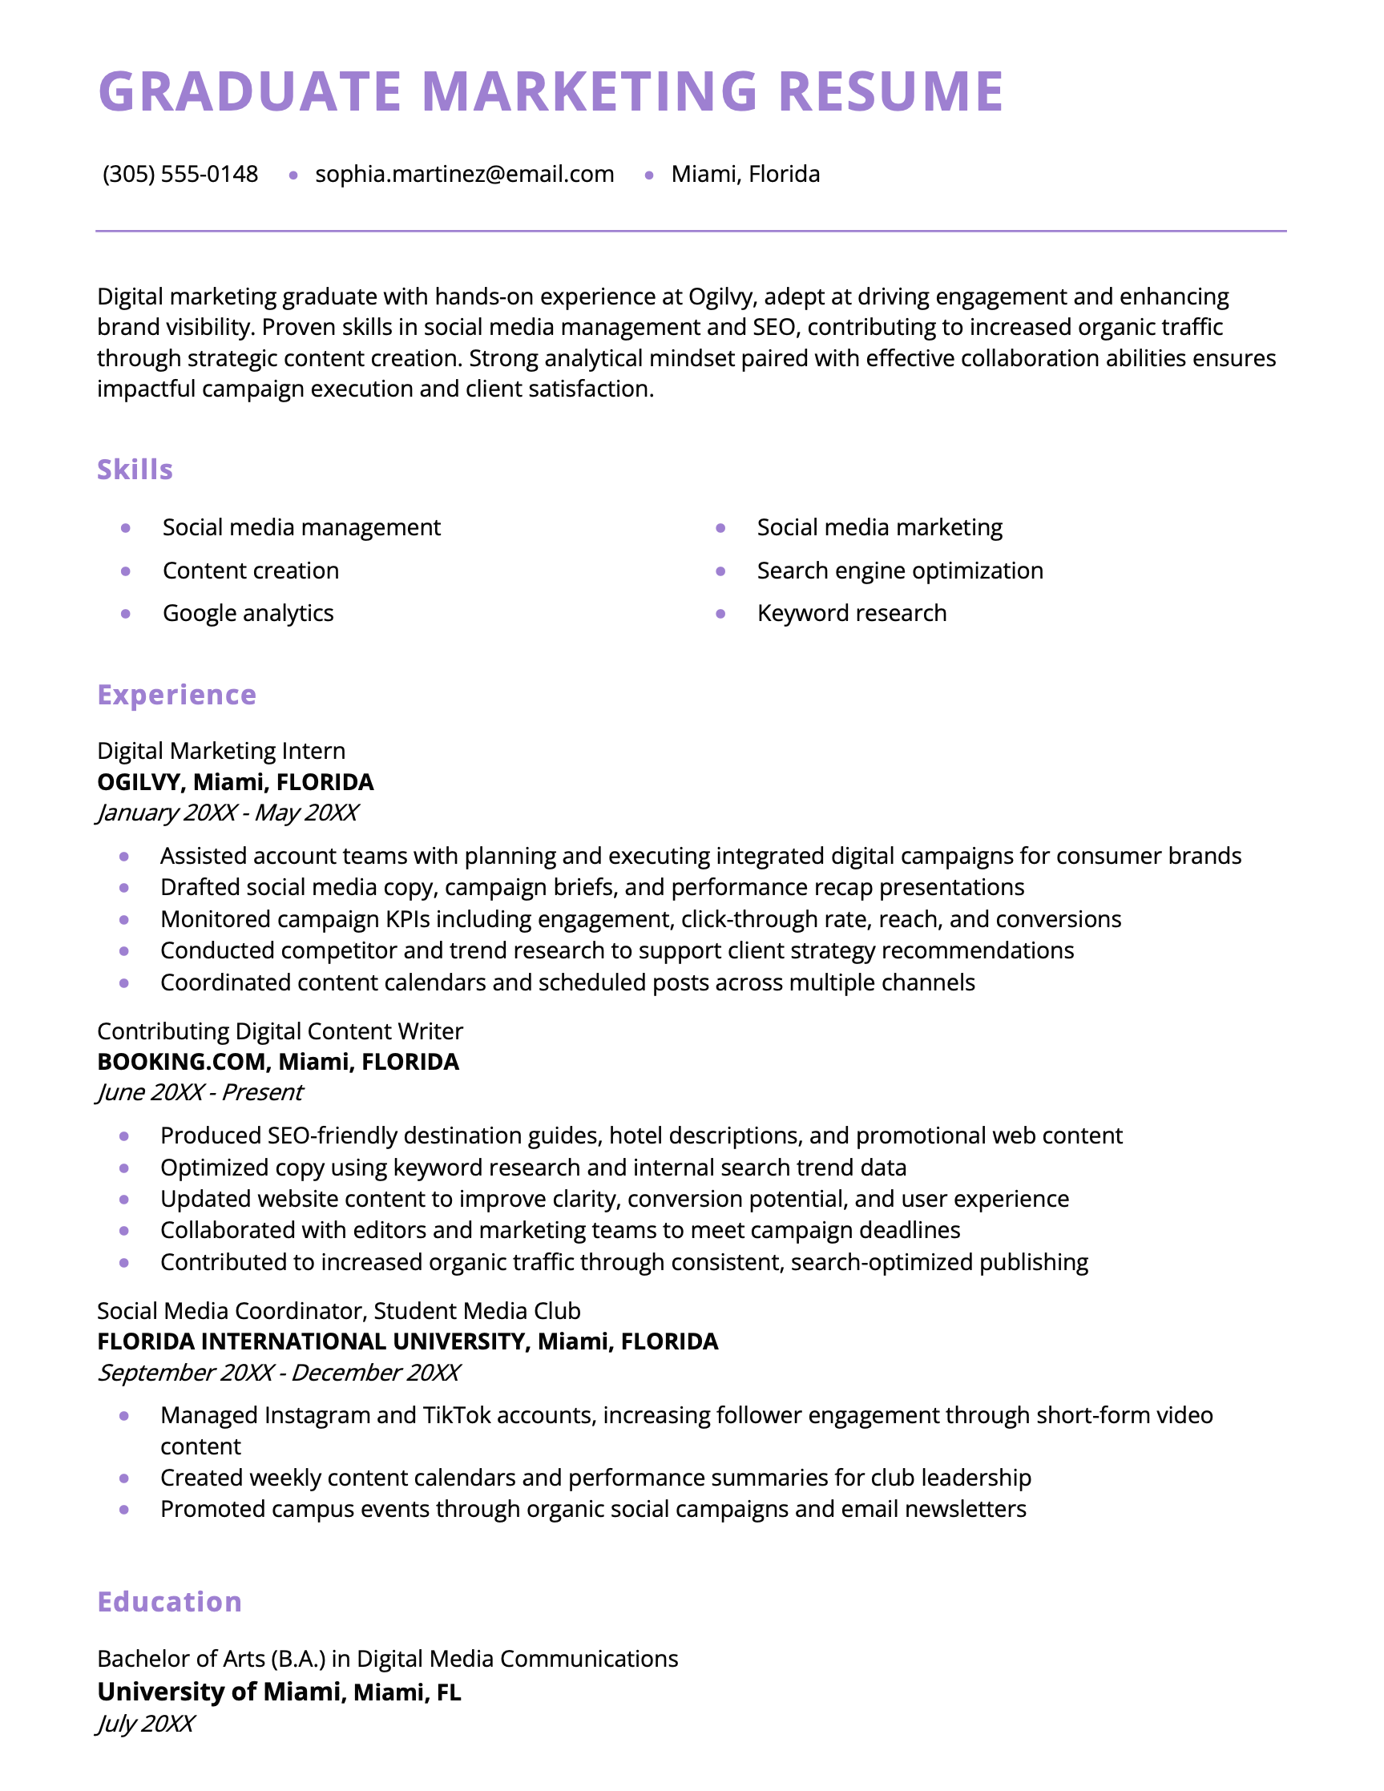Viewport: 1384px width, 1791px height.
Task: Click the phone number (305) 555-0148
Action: pyautogui.click(x=180, y=174)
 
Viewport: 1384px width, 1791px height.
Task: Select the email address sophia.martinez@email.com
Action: pyautogui.click(x=464, y=174)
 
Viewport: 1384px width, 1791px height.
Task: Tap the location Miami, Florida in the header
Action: pyautogui.click(x=744, y=174)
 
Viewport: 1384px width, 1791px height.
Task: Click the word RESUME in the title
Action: pyautogui.click(x=890, y=91)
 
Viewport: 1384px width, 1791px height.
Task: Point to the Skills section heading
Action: pyautogui.click(x=135, y=470)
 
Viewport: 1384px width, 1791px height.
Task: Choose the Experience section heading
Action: pyautogui.click(x=176, y=695)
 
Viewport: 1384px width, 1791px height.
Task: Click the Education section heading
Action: pyautogui.click(x=169, y=1602)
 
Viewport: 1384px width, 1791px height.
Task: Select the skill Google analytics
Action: pyautogui.click(x=248, y=613)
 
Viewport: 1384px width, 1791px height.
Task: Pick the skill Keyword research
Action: pyautogui.click(x=851, y=613)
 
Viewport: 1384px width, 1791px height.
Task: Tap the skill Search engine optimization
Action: pyautogui.click(x=899, y=571)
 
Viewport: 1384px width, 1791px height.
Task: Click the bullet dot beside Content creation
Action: pyautogui.click(x=126, y=571)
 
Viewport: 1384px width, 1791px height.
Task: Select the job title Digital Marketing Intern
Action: pyautogui.click(x=220, y=751)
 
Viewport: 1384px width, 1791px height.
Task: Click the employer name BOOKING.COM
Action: pyautogui.click(x=182, y=1062)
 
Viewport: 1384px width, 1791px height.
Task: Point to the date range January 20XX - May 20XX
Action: pyautogui.click(x=227, y=813)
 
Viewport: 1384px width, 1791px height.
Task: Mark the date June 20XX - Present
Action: pyautogui.click(x=200, y=1092)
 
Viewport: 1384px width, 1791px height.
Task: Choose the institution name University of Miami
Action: pyautogui.click(x=218, y=1692)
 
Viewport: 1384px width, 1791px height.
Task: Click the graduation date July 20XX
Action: pyautogui.click(x=145, y=1724)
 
